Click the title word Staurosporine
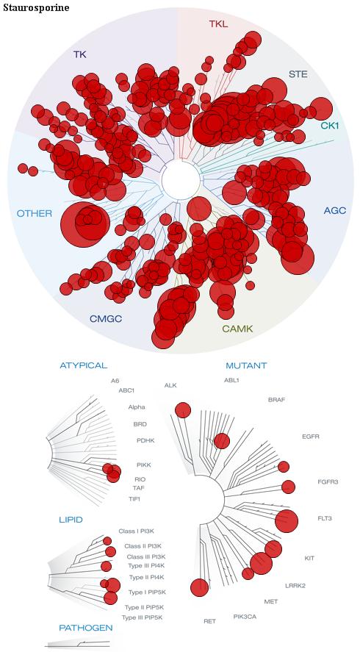click(36, 7)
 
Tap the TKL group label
click(218, 24)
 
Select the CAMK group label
click(237, 329)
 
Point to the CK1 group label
click(330, 125)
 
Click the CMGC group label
click(106, 319)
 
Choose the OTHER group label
click(35, 214)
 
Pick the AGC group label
click(334, 211)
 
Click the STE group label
click(298, 74)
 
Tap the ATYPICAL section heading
click(84, 365)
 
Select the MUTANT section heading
click(246, 366)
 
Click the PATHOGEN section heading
click(86, 628)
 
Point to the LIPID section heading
click(71, 520)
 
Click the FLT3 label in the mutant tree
click(325, 518)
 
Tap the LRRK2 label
click(295, 586)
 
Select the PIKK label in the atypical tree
click(143, 465)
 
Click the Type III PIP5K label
click(142, 617)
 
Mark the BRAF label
click(276, 400)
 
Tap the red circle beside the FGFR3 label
click(288, 487)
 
